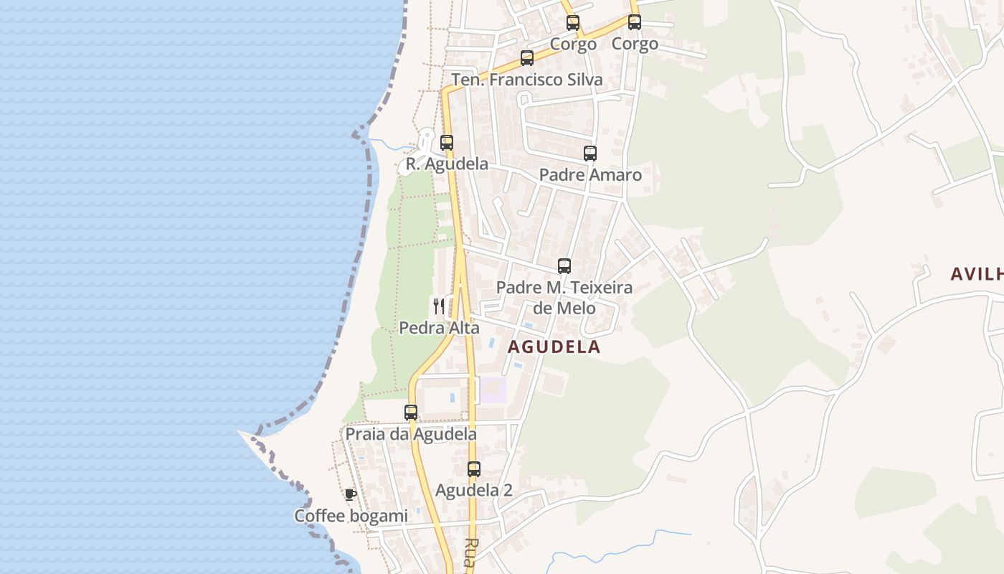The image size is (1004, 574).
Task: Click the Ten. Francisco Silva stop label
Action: [x=526, y=80]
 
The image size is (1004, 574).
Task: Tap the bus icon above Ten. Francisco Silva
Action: [x=527, y=58]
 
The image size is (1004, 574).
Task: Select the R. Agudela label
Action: [x=447, y=164]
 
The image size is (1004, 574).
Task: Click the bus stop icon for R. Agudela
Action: [x=447, y=142]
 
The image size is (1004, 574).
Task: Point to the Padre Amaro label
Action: [x=589, y=174]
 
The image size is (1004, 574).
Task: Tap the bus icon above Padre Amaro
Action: [x=590, y=153]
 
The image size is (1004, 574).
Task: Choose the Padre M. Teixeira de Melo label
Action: [x=564, y=298]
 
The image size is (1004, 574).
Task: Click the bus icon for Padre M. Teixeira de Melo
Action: [x=564, y=266]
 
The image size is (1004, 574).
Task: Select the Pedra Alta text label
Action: [x=439, y=328]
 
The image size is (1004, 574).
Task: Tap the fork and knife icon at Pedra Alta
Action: [x=439, y=306]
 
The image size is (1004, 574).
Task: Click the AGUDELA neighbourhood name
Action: [x=554, y=347]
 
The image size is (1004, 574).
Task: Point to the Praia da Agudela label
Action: [x=411, y=434]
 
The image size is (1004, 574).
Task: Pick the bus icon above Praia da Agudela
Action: [x=411, y=413]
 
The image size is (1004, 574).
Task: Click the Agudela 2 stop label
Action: [x=473, y=491]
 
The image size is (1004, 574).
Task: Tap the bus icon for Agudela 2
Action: [x=474, y=469]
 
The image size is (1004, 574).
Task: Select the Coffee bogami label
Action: [x=351, y=516]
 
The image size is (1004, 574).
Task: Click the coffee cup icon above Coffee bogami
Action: [x=350, y=494]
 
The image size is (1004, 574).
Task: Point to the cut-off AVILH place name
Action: [x=976, y=273]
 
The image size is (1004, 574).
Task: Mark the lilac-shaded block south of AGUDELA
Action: [x=493, y=390]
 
